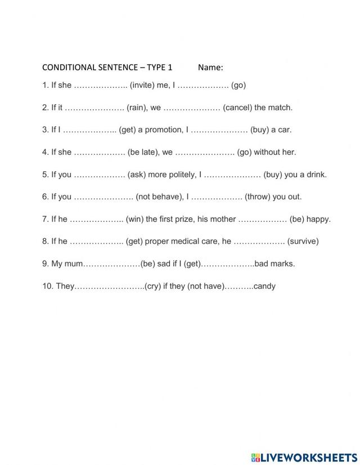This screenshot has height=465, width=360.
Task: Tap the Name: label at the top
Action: coord(210,68)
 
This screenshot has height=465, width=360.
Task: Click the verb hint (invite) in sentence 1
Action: coord(142,86)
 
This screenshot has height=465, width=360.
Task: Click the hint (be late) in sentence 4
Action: coord(142,152)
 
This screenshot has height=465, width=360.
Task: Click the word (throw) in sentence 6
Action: coord(257,197)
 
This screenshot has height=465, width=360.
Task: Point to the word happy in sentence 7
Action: coord(319,219)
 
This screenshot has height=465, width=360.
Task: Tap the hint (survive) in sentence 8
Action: coord(303,242)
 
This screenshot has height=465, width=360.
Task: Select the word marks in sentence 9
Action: coord(284,263)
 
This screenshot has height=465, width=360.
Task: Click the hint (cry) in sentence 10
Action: coord(153,286)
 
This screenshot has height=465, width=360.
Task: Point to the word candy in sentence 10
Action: coord(264,286)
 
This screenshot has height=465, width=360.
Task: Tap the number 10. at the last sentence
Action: coord(48,286)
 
